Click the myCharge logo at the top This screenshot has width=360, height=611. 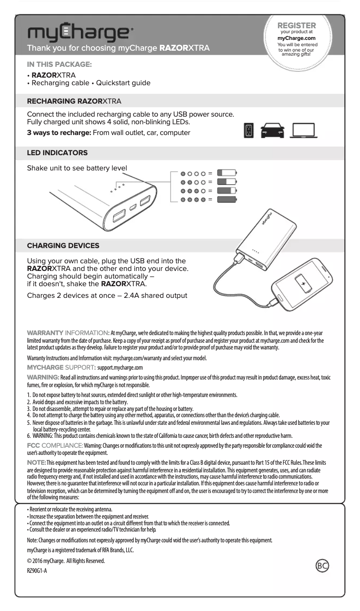coord(80,33)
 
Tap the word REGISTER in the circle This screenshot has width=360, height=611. coord(297,26)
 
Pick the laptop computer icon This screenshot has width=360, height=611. coord(303,131)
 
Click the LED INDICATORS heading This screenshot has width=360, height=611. coord(57,153)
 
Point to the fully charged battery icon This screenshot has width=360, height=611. coord(227,200)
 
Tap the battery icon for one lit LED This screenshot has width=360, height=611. coord(227,173)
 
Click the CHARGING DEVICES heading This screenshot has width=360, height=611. coord(63,246)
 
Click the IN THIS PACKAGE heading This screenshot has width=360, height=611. coord(59,65)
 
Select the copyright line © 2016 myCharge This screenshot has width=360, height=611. coord(66,561)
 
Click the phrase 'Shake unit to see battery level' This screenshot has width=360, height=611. coord(77,168)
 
